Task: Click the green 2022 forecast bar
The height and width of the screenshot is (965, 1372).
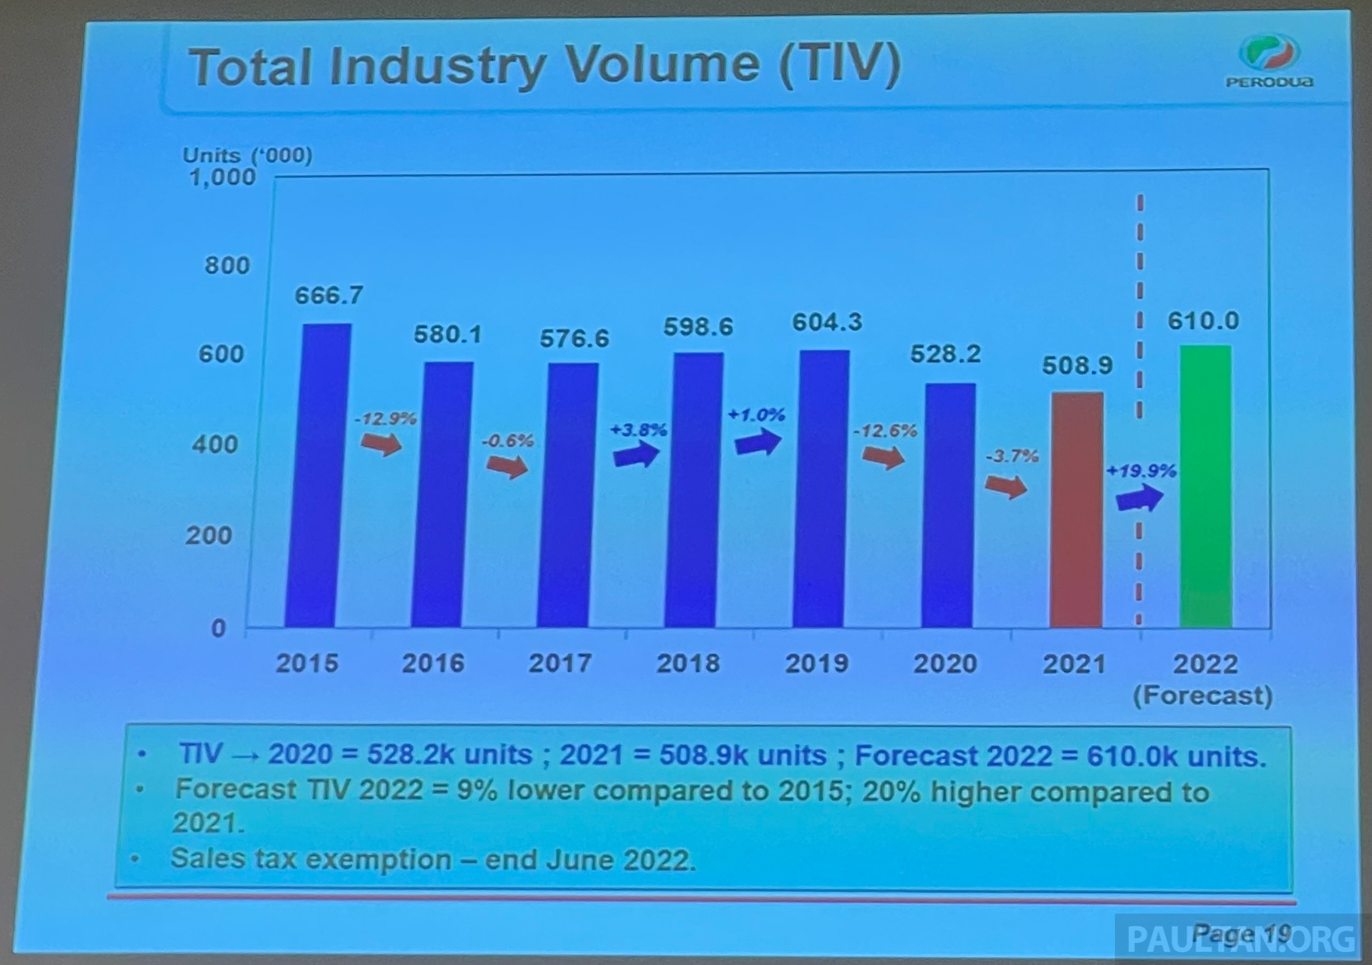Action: pyautogui.click(x=1205, y=486)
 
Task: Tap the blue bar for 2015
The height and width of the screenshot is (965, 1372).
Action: pyautogui.click(x=318, y=476)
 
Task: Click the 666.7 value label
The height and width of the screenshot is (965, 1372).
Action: pyautogui.click(x=329, y=295)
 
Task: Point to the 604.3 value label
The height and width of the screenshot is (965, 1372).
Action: pyautogui.click(x=827, y=322)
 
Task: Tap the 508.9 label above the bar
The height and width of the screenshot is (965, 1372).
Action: pyautogui.click(x=1077, y=366)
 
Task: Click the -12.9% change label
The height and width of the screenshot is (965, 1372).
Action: pyautogui.click(x=385, y=419)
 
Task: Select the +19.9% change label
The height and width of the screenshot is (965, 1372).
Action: pyautogui.click(x=1141, y=471)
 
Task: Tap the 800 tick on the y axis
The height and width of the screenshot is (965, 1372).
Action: pyautogui.click(x=227, y=265)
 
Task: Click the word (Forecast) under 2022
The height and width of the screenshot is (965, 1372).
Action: pyautogui.click(x=1203, y=696)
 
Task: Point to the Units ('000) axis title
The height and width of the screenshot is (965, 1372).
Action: pyautogui.click(x=247, y=155)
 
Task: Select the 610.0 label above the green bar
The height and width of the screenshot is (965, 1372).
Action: pyautogui.click(x=1203, y=321)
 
